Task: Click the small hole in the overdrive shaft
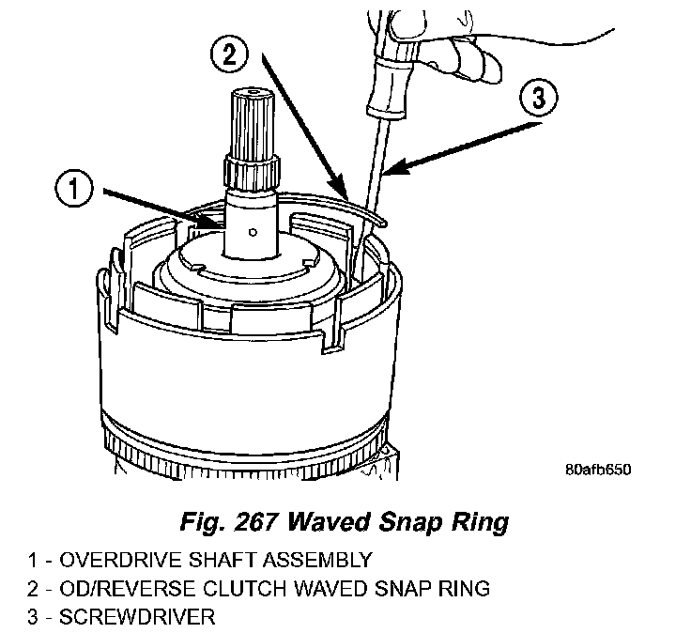click(252, 230)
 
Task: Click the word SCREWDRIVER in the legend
click(136, 618)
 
